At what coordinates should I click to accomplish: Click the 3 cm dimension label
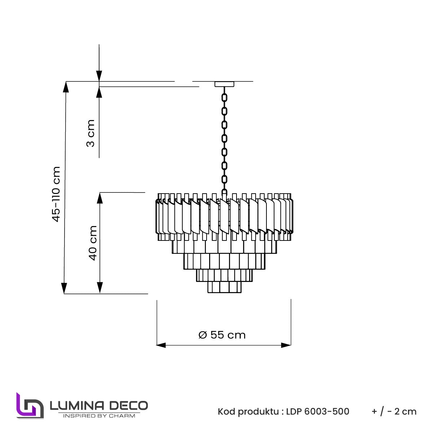tap(90, 133)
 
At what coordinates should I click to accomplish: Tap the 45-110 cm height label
tap(56, 194)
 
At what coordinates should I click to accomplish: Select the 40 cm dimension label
tap(93, 243)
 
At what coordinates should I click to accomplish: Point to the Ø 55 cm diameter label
tap(222, 335)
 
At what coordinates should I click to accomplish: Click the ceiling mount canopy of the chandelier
tap(224, 84)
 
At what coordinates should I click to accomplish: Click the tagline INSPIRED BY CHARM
tap(99, 416)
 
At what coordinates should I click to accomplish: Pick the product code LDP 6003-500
tap(318, 411)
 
